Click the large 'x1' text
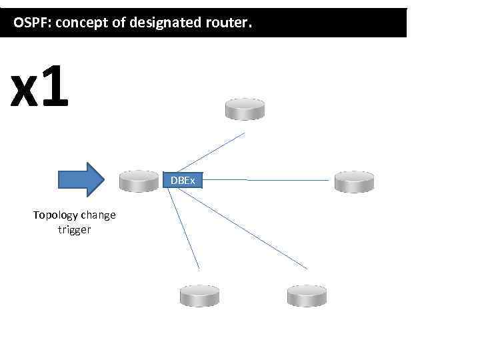point(40,89)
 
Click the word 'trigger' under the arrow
point(74,230)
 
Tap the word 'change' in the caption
point(98,215)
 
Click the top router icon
point(245,109)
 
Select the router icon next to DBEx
point(139,181)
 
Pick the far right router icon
point(354,181)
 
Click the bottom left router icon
point(199,295)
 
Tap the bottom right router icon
point(306,295)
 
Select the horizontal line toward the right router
point(267,180)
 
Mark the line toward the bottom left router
point(184,231)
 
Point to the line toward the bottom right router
point(247,227)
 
